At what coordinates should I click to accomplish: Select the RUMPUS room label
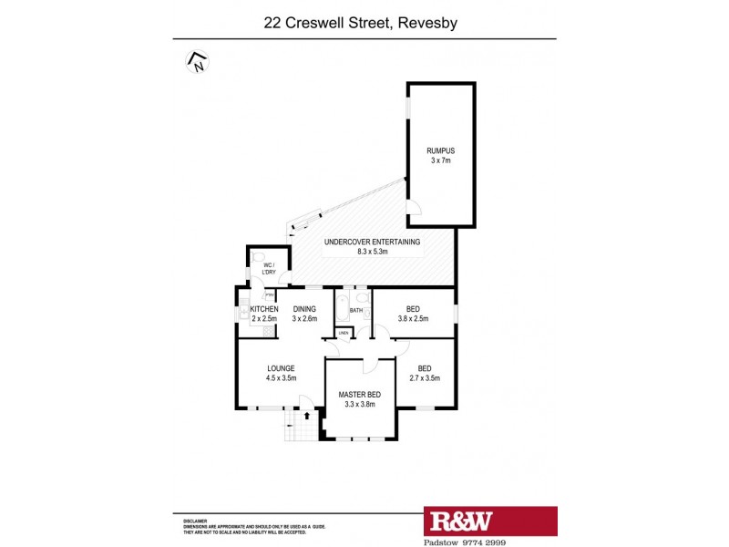click(x=440, y=150)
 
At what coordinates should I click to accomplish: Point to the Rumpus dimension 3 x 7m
click(x=440, y=160)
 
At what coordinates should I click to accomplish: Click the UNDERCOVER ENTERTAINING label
click(x=373, y=242)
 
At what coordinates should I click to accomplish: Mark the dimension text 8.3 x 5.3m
click(x=373, y=252)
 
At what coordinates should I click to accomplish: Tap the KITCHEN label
click(x=263, y=309)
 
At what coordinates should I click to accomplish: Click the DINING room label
click(x=304, y=309)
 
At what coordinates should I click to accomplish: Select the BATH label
click(x=355, y=311)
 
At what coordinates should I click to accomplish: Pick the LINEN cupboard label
click(x=344, y=334)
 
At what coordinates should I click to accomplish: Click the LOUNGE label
click(x=281, y=368)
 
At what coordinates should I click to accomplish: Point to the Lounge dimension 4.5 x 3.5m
click(x=281, y=378)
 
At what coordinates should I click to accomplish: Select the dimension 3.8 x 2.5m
click(x=413, y=319)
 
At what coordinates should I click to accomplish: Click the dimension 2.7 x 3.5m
click(x=425, y=378)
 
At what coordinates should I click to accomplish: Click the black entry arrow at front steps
click(x=306, y=416)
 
